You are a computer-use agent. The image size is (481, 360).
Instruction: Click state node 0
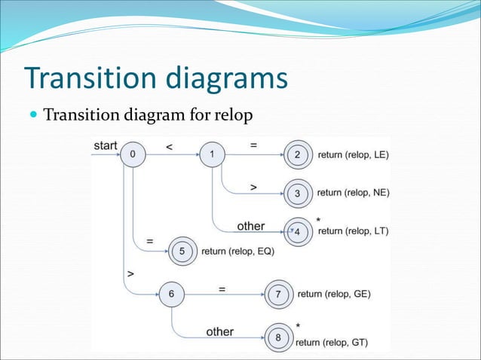pyautogui.click(x=133, y=155)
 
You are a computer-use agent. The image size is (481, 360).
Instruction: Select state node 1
pyautogui.click(x=212, y=155)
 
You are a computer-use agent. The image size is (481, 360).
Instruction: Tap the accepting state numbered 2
pyautogui.click(x=297, y=155)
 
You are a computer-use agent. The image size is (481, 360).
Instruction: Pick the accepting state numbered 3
pyautogui.click(x=297, y=194)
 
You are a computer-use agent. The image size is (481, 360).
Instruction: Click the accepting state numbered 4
pyautogui.click(x=297, y=232)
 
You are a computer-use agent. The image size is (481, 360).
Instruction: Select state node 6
pyautogui.click(x=172, y=294)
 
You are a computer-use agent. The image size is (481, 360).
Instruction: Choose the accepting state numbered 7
pyautogui.click(x=278, y=294)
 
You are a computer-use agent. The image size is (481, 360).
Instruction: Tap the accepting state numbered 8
pyautogui.click(x=277, y=337)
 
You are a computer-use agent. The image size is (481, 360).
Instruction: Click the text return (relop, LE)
pyautogui.click(x=353, y=155)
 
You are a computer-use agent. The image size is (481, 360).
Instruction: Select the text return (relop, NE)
pyautogui.click(x=353, y=193)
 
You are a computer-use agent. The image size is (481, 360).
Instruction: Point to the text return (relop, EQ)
pyautogui.click(x=237, y=252)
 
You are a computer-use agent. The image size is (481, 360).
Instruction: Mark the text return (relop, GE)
pyautogui.click(x=334, y=294)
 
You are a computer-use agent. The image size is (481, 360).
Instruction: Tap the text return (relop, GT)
pyautogui.click(x=332, y=343)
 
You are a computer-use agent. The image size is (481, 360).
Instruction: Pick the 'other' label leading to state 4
pyautogui.click(x=250, y=226)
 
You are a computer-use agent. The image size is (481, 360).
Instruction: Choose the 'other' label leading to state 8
pyautogui.click(x=219, y=331)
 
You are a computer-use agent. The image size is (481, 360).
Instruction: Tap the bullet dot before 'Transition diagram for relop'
pyautogui.click(x=33, y=116)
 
